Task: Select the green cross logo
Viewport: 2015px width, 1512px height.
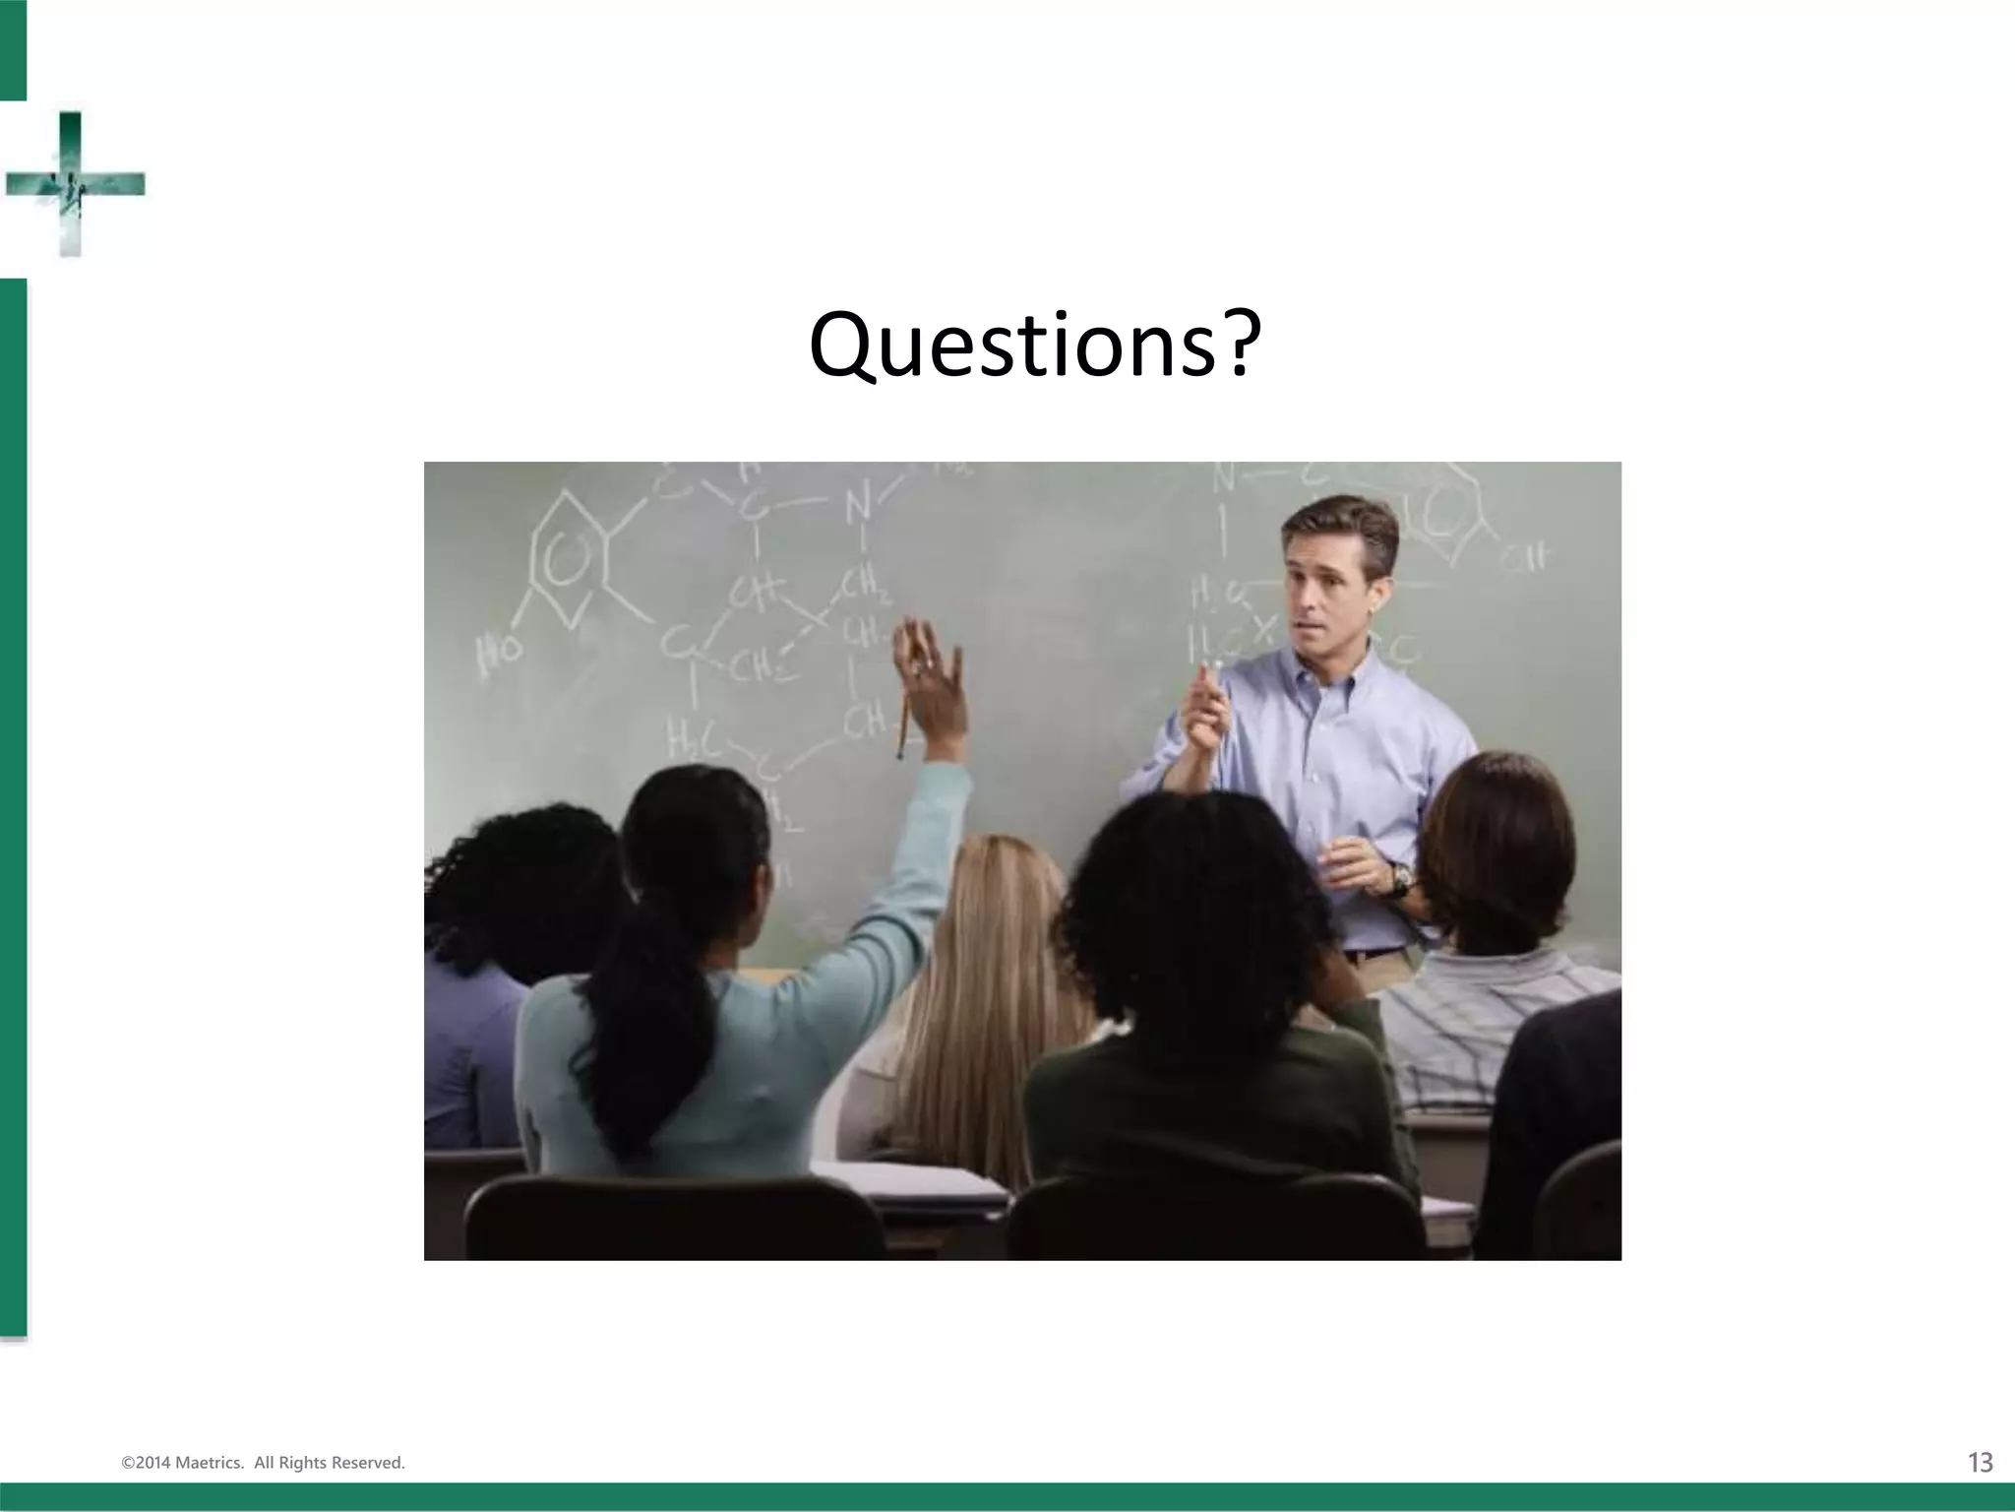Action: pos(73,184)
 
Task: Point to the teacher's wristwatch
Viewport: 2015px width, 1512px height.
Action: pos(1400,877)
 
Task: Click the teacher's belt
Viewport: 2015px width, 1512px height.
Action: pos(1373,953)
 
